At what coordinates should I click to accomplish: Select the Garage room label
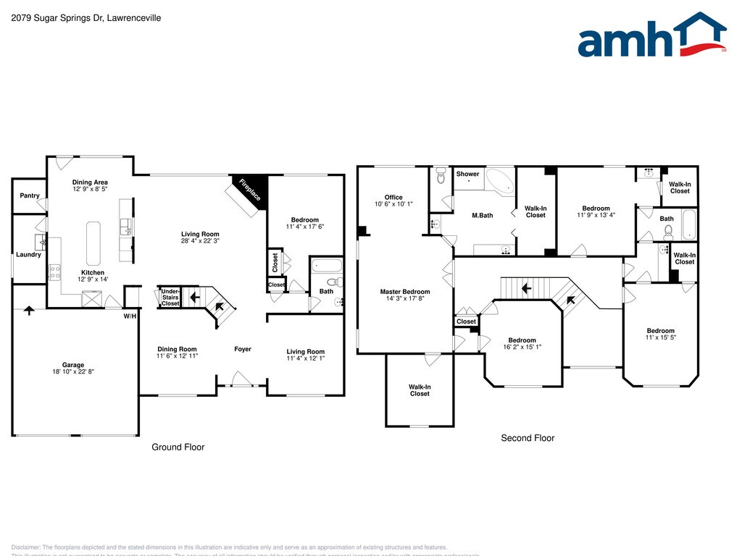72,365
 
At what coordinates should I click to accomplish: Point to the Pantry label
30,195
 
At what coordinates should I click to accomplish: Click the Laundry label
28,255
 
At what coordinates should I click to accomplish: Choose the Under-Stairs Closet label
170,297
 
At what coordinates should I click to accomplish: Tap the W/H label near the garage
130,316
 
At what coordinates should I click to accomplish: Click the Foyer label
243,349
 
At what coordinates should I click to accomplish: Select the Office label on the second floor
393,197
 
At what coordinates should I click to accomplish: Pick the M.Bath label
482,215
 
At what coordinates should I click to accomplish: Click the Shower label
467,174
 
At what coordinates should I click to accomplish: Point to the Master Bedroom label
404,292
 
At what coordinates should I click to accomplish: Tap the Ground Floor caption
178,447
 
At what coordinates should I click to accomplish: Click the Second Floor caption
528,438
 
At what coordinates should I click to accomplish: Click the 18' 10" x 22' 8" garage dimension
72,373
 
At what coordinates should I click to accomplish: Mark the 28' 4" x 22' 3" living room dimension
200,241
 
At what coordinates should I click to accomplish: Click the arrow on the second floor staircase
527,287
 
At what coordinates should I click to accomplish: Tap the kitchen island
93,243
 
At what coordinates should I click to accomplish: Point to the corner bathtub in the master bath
499,181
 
